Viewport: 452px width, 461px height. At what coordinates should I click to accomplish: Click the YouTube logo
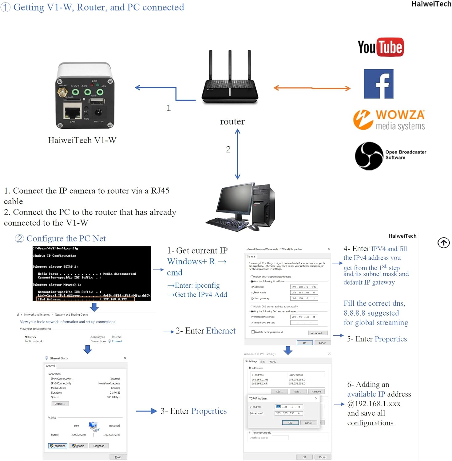pyautogui.click(x=381, y=47)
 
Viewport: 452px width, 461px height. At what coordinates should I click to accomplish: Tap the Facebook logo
pyautogui.click(x=379, y=84)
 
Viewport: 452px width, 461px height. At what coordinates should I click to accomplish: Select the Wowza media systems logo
pyautogui.click(x=389, y=120)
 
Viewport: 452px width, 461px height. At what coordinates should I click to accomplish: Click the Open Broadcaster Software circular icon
pyautogui.click(x=369, y=156)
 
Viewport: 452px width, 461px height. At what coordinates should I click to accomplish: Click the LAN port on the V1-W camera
pyautogui.click(x=72, y=111)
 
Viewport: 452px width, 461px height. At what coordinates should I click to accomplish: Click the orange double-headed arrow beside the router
pyautogui.click(x=312, y=88)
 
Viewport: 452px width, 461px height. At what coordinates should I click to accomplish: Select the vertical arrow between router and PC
pyautogui.click(x=237, y=154)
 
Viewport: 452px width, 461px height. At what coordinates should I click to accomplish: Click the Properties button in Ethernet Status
pyautogui.click(x=58, y=446)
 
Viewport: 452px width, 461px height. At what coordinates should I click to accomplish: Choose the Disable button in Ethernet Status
pyautogui.click(x=78, y=446)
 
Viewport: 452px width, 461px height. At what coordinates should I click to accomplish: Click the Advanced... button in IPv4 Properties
pyautogui.click(x=318, y=333)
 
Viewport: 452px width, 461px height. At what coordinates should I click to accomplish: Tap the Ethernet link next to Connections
pyautogui.click(x=117, y=341)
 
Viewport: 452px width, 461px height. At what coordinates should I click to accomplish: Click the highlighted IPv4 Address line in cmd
pyautogui.click(x=85, y=299)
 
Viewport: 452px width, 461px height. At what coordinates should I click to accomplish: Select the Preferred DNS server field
pyautogui.click(x=304, y=317)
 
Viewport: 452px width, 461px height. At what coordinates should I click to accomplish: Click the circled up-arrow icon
pyautogui.click(x=443, y=242)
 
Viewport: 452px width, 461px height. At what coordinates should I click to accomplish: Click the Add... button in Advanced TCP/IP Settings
pyautogui.click(x=280, y=391)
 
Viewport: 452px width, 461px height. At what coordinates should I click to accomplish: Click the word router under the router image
pyautogui.click(x=232, y=122)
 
